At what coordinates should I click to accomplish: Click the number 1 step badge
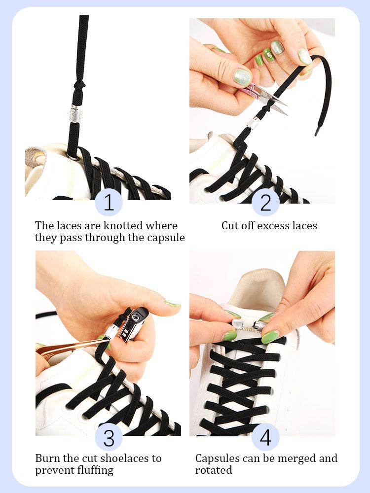[109, 203]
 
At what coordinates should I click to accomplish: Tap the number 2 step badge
[265, 203]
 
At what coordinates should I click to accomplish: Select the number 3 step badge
[109, 436]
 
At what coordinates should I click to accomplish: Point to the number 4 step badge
[265, 436]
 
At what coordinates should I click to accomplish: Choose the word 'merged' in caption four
[292, 458]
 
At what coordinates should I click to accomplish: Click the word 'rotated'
[214, 470]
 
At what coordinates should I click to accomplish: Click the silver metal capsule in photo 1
[75, 114]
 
